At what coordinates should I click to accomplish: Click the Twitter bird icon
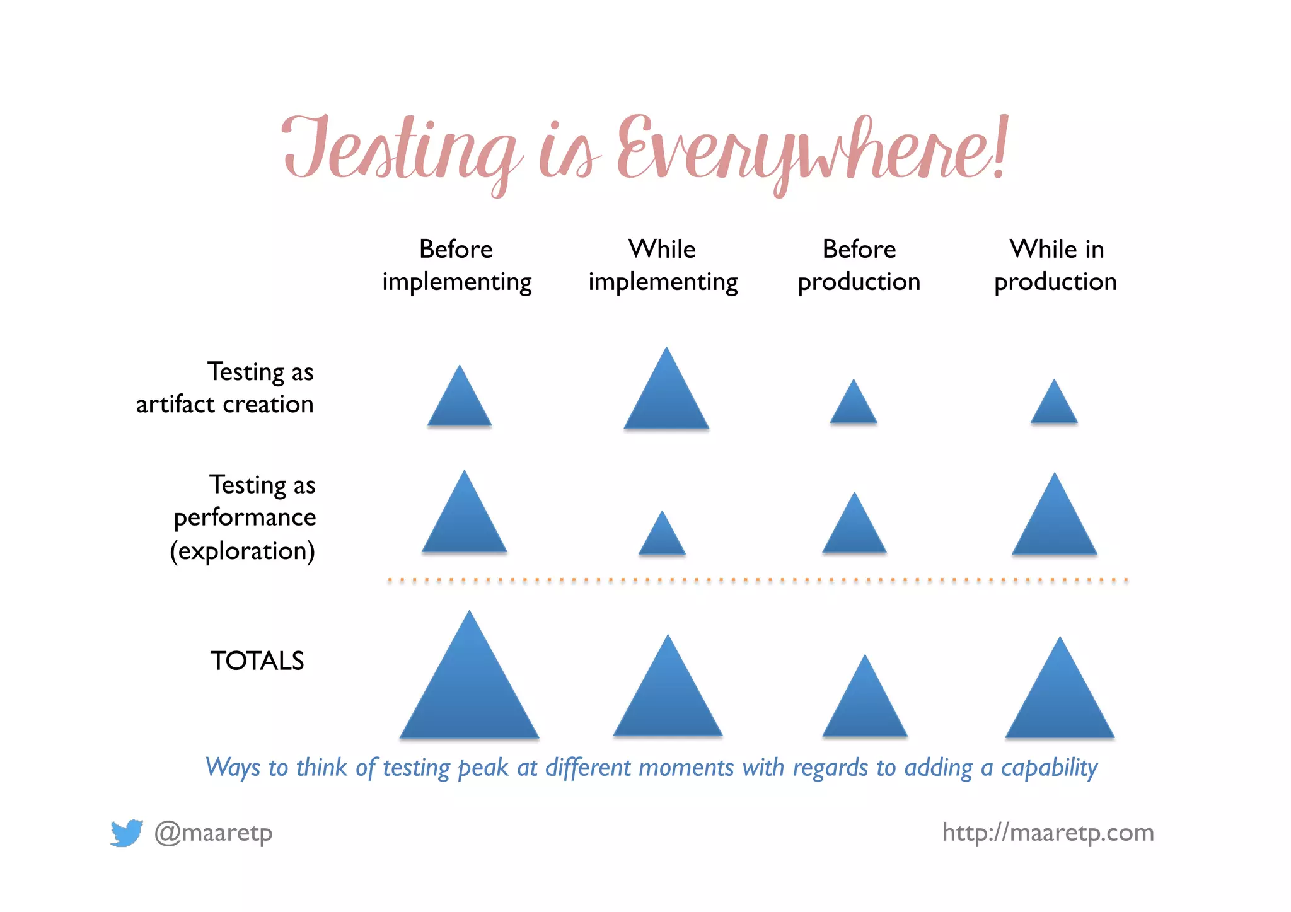[126, 833]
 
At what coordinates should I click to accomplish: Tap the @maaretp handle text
[214, 833]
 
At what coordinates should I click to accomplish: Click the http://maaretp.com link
[1048, 833]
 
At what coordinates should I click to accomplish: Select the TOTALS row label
[257, 661]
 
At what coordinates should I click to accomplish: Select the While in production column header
[1056, 265]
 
